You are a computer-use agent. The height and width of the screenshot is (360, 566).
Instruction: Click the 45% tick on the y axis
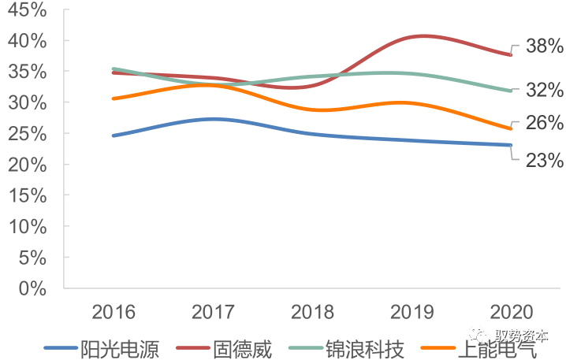point(27,10)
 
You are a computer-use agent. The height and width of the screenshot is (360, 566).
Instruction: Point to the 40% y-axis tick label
point(27,41)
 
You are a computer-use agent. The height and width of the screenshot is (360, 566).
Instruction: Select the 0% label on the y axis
point(32,288)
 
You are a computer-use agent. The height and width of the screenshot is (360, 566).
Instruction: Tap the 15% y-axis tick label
point(27,196)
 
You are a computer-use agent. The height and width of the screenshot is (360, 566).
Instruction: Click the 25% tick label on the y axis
point(27,134)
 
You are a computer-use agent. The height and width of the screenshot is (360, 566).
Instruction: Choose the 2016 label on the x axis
point(114,311)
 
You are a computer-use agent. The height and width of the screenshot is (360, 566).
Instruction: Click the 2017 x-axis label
point(214,311)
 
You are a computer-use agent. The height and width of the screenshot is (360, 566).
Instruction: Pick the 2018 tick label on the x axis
point(313,311)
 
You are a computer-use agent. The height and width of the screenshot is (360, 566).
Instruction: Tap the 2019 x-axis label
point(412,311)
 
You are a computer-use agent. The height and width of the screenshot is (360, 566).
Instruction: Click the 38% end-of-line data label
point(544,46)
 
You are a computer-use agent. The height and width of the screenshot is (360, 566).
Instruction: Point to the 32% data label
point(544,90)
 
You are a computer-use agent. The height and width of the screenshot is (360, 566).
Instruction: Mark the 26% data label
point(544,124)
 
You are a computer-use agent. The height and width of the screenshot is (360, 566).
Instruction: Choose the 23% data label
point(544,161)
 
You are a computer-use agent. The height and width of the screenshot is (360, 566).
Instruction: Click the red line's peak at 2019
point(422,36)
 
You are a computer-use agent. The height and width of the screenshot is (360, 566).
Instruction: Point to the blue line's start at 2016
point(114,135)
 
